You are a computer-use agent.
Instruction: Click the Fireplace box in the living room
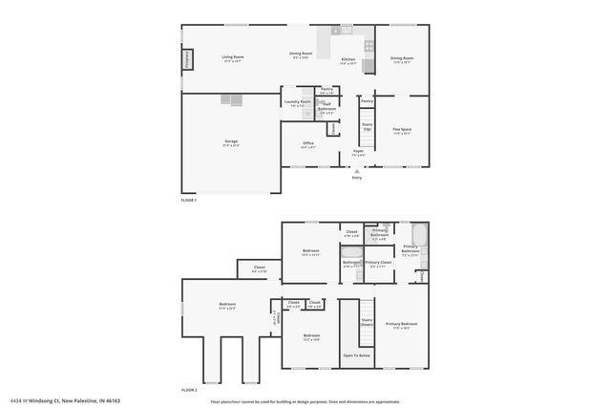(x=185, y=61)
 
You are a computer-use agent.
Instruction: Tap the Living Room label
(x=234, y=57)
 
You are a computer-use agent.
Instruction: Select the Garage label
(x=231, y=141)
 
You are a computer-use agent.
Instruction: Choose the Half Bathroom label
(x=327, y=109)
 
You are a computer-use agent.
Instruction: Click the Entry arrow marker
(x=357, y=171)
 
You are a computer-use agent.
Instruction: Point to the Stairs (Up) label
(x=367, y=125)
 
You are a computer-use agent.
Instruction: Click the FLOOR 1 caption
(x=188, y=200)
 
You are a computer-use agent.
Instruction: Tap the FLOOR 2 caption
(x=188, y=390)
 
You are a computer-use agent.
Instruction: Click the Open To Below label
(x=357, y=355)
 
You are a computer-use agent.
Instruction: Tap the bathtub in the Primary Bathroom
(x=420, y=235)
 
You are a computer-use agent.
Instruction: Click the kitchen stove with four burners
(x=368, y=45)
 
